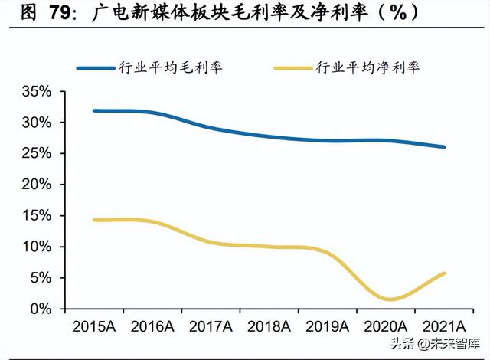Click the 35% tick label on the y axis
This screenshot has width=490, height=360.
coord(36,92)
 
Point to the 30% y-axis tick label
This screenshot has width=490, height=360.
coord(36,123)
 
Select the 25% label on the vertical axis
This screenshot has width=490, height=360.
coord(36,154)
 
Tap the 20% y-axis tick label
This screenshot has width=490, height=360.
coord(36,185)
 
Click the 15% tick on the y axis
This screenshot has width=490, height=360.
coord(36,216)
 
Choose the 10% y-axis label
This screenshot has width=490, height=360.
coord(36,247)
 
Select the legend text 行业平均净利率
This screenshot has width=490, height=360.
coord(367,67)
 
